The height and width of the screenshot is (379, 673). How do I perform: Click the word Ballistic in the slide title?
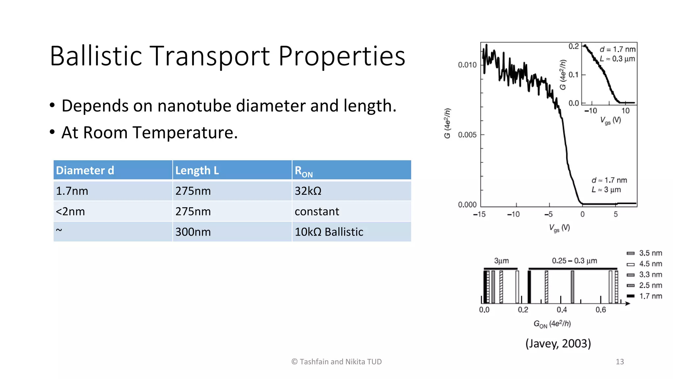96,56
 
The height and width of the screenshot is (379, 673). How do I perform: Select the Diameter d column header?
85,170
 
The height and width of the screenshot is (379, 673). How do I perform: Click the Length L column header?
197,170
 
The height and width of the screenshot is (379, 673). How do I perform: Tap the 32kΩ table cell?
308,191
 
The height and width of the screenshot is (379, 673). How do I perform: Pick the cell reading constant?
317,212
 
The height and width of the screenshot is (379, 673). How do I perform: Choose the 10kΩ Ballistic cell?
329,232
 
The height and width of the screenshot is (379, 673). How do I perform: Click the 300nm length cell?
193,232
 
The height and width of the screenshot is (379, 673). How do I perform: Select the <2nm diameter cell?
70,212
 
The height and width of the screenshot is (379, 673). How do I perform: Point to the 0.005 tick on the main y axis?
467,135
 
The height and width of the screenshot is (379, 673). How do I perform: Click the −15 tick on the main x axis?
479,215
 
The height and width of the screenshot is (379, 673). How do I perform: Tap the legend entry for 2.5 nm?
650,285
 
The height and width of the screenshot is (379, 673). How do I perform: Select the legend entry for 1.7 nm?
650,296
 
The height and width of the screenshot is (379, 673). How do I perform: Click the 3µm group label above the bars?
501,261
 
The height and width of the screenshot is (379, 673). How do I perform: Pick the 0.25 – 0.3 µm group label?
574,261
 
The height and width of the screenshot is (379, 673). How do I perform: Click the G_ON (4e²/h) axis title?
552,324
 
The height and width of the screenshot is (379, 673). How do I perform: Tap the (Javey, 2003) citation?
558,343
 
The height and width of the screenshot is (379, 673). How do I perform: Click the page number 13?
619,362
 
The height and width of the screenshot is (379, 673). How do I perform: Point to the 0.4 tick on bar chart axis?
562,310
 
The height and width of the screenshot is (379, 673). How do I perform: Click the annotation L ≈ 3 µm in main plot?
606,190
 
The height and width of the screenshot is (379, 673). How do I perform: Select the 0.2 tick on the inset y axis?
573,46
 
